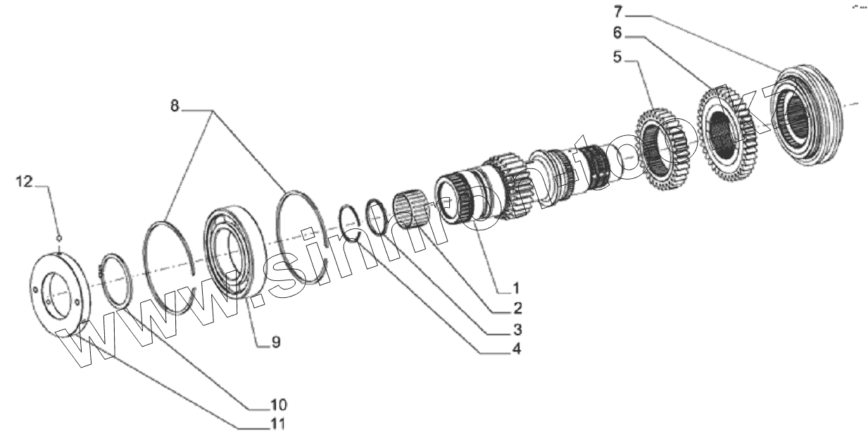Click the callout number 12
24,182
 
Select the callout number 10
277,405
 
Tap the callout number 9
276,343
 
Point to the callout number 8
175,106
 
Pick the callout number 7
618,11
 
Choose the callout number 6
618,32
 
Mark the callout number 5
618,56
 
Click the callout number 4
517,348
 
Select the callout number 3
517,329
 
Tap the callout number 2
517,308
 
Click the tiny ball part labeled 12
60,237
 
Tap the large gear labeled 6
727,132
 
